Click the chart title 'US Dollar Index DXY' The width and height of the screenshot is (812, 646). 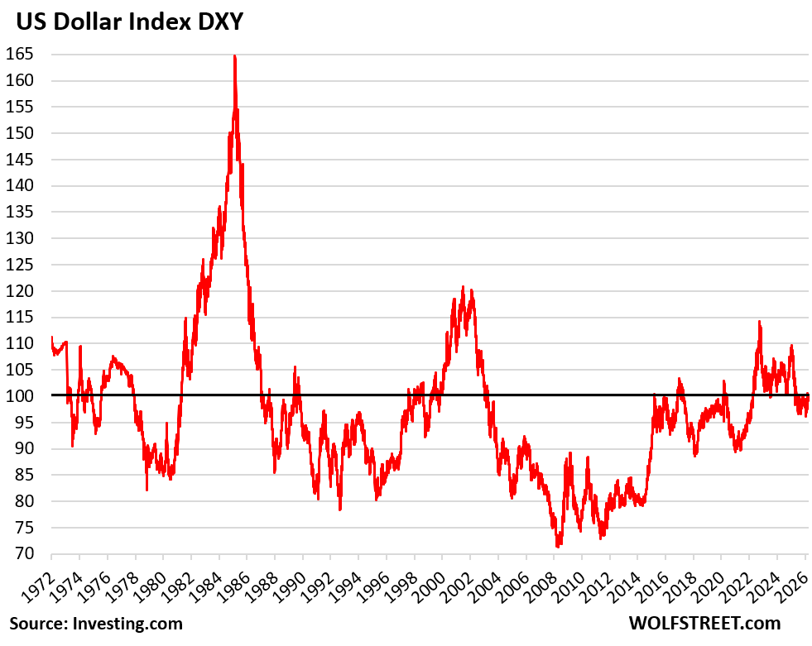point(126,22)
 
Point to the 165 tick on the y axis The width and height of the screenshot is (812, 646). point(27,55)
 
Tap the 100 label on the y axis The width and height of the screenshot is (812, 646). point(27,396)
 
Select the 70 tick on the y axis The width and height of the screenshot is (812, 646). point(31,553)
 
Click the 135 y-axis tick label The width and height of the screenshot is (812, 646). point(27,212)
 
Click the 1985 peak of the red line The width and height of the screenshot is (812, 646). point(234,56)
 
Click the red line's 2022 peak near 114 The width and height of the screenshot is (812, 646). point(758,322)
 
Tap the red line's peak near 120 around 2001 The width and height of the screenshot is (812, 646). point(463,287)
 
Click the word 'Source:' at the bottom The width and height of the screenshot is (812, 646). point(38,622)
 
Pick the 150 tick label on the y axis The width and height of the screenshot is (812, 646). point(27,133)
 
